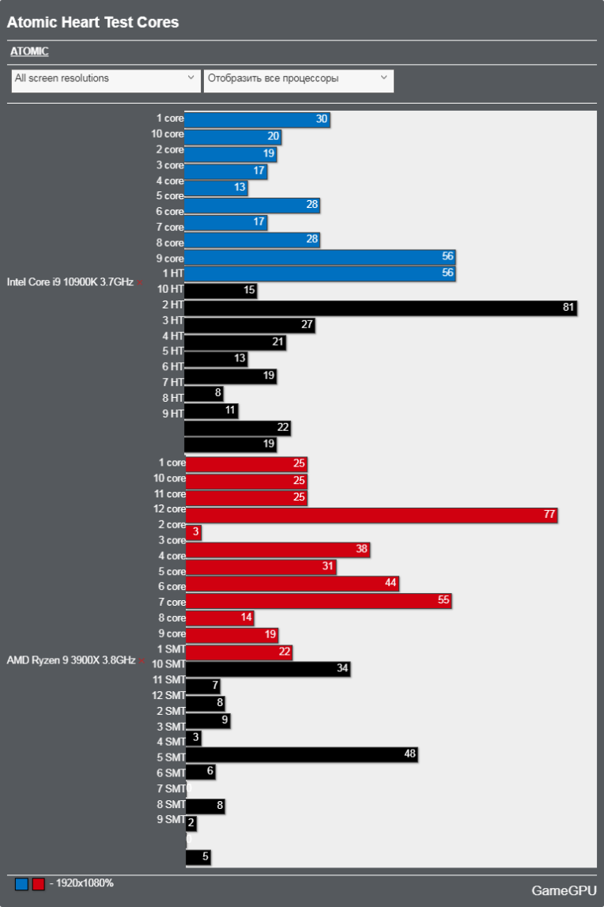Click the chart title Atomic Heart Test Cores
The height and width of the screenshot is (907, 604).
tap(92, 22)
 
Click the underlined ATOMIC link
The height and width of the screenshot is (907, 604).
tap(29, 51)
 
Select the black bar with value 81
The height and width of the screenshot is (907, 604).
tap(380, 308)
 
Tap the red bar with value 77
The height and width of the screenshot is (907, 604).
tap(372, 515)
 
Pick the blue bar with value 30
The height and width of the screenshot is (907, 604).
tap(257, 119)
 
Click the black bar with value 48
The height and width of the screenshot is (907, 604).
tap(301, 754)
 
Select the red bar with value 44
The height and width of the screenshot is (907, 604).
tap(292, 584)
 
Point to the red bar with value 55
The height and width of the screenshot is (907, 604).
tap(318, 600)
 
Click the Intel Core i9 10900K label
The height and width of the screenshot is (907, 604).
tap(70, 282)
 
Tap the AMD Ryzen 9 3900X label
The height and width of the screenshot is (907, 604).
tap(72, 660)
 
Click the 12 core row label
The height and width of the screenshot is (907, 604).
tap(169, 509)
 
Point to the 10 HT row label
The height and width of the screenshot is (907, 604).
tap(170, 289)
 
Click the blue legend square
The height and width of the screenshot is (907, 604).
tap(21, 884)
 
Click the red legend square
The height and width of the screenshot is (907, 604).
tap(38, 884)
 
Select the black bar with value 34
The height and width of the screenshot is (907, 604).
tap(267, 669)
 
